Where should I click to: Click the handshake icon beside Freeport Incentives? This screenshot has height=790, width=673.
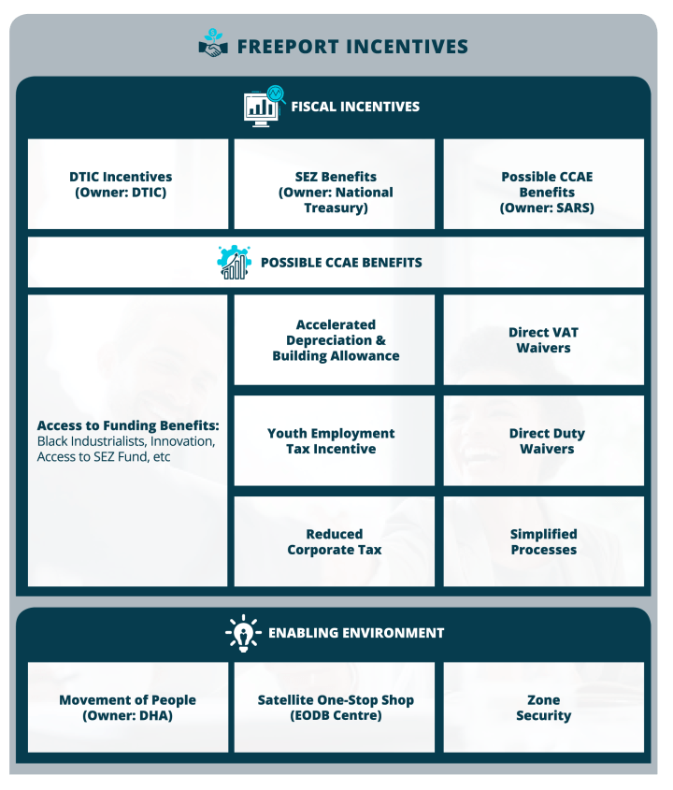pos(213,43)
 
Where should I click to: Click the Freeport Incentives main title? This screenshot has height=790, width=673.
pos(352,47)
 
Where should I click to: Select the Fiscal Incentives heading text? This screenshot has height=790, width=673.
pos(355,107)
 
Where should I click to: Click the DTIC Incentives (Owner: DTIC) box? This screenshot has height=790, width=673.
pos(128,184)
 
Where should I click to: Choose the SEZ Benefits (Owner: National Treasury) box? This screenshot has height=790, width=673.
pos(335,184)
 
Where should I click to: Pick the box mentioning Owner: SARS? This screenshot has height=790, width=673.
pos(543,184)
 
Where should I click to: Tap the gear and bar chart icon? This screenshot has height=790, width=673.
pos(235,262)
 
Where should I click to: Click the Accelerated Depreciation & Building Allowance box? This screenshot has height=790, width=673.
pos(335,340)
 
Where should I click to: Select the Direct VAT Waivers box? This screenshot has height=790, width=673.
pos(543,340)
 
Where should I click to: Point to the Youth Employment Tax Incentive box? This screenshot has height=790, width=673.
pos(335,441)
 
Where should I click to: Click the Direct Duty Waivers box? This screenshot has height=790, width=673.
pos(543,441)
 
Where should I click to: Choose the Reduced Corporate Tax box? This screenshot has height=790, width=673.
pos(335,541)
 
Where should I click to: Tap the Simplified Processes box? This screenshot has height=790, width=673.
pos(543,541)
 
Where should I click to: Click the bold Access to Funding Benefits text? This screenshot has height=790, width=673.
pos(128,425)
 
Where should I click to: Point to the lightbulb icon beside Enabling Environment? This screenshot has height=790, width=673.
pos(243,633)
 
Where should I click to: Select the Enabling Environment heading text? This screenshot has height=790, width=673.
pos(356,633)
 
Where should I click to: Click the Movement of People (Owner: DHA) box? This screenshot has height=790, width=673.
pos(128,708)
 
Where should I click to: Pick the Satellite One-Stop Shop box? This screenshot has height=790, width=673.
pos(335,708)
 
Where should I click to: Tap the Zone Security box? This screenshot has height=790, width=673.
pos(543,708)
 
